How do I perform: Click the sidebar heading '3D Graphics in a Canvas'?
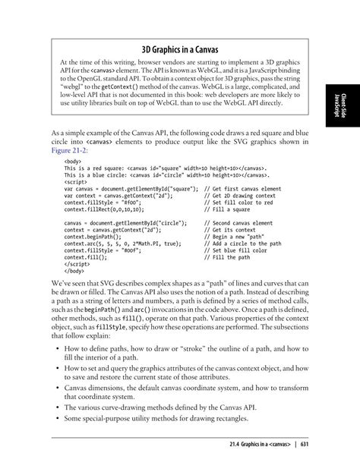pos(180,49)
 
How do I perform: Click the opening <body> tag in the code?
pos(73,162)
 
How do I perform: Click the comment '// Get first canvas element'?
pos(243,188)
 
